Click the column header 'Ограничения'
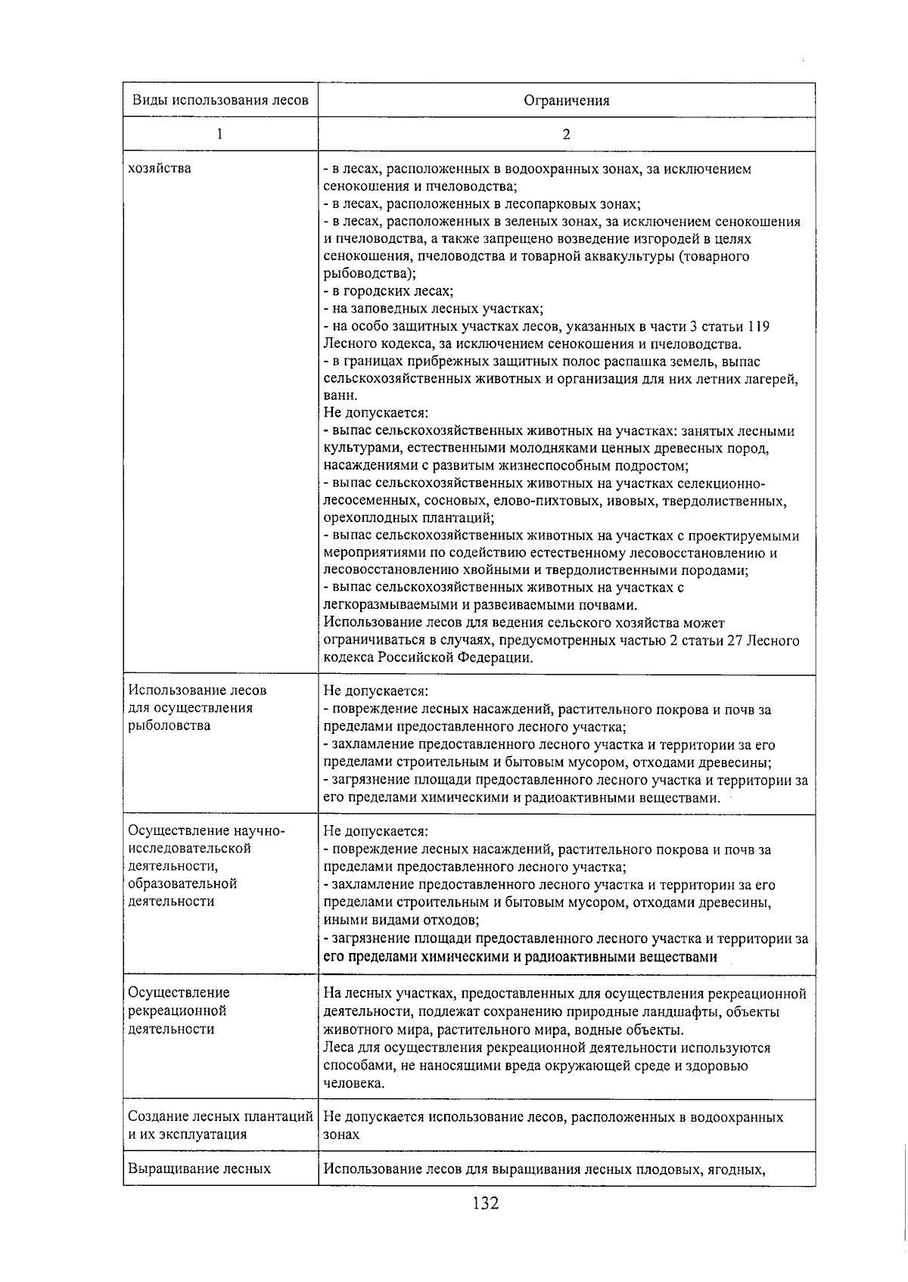[x=566, y=101]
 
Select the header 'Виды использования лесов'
[x=220, y=101]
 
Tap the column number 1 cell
[x=219, y=135]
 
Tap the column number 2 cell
[x=566, y=135]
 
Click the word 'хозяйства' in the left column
[x=160, y=168]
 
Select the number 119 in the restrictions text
[x=758, y=327]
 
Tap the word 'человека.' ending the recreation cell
[x=353, y=1084]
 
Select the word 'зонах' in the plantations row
[x=341, y=1135]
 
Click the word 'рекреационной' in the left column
[x=177, y=1010]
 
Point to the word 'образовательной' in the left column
[x=182, y=883]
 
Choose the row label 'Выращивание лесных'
[x=200, y=1169]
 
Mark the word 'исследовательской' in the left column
[x=190, y=848]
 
